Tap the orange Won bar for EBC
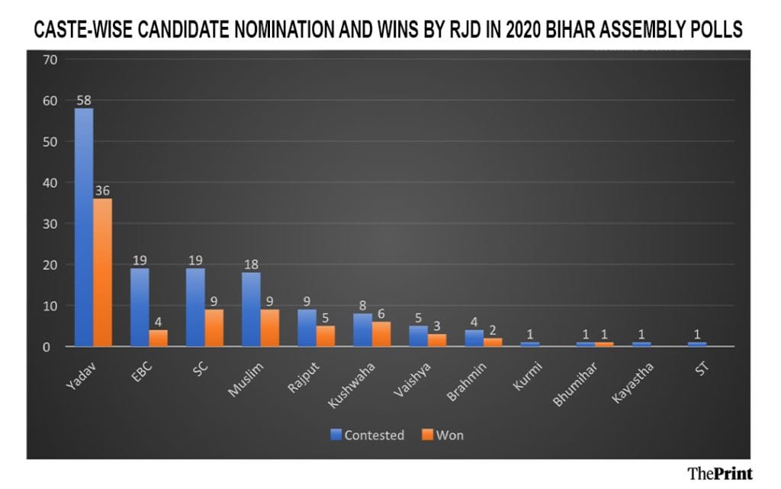(x=158, y=338)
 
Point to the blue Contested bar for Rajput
(x=307, y=328)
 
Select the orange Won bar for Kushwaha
(x=381, y=334)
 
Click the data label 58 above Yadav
(x=84, y=100)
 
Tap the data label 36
(x=102, y=191)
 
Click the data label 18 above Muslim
(x=251, y=265)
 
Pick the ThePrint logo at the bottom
(x=719, y=473)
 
